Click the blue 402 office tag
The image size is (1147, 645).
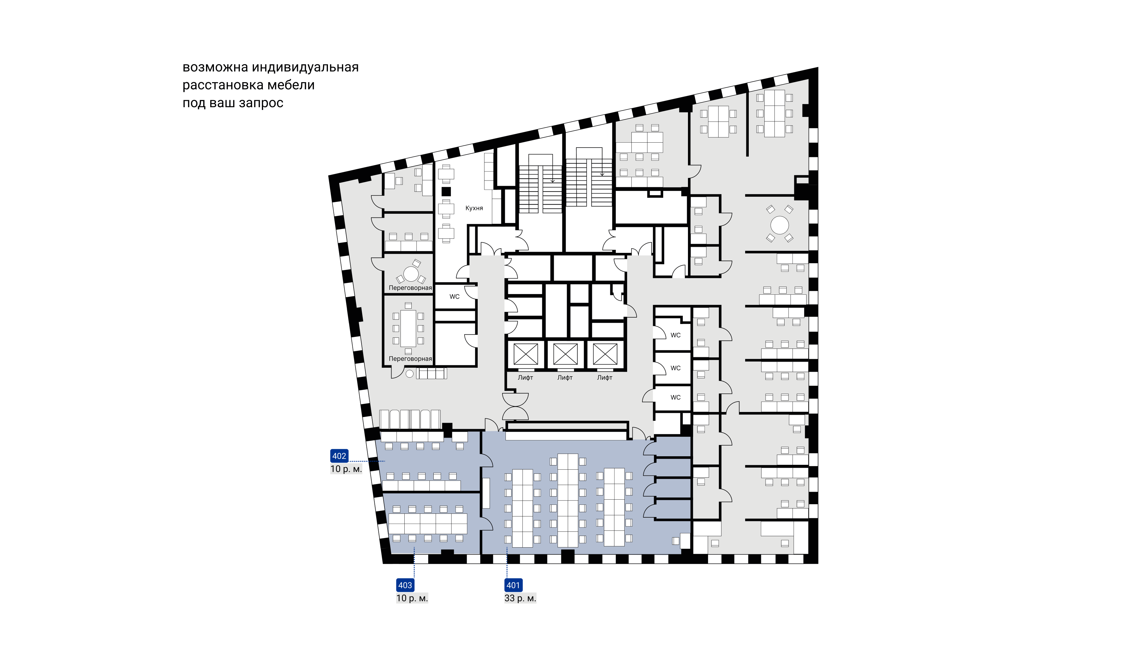point(339,456)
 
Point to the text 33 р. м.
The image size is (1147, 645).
point(520,598)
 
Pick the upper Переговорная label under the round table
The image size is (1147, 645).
point(410,288)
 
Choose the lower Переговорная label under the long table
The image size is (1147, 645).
point(410,359)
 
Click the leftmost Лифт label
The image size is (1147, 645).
point(525,378)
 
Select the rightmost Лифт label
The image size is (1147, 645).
point(605,378)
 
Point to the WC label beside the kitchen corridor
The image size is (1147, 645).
point(454,297)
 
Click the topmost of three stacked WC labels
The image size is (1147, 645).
point(675,335)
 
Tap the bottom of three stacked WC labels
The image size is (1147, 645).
point(675,398)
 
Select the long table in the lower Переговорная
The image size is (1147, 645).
point(408,328)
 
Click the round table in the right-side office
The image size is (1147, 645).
point(780,225)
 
